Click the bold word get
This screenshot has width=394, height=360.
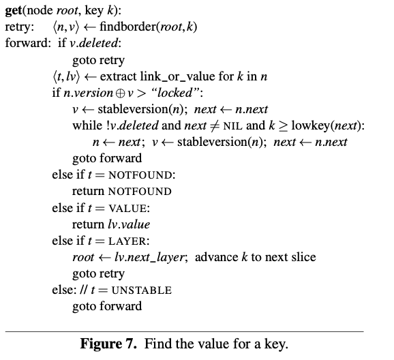[14, 11]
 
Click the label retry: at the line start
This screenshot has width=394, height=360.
[20, 27]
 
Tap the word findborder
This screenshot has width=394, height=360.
[128, 27]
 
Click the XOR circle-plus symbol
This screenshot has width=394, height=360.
[121, 93]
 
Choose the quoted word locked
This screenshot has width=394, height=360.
[175, 93]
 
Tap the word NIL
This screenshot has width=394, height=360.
[232, 126]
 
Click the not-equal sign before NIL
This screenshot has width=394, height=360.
[214, 126]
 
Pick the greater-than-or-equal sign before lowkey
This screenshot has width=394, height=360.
[283, 126]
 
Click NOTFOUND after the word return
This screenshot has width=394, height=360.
[140, 192]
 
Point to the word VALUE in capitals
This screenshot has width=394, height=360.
[127, 209]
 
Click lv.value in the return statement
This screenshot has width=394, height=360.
[129, 224]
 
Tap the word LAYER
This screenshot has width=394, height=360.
[127, 241]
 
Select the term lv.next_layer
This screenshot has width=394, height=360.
[149, 258]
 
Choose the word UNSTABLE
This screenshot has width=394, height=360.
[142, 290]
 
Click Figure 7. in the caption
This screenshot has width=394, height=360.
[108, 344]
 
